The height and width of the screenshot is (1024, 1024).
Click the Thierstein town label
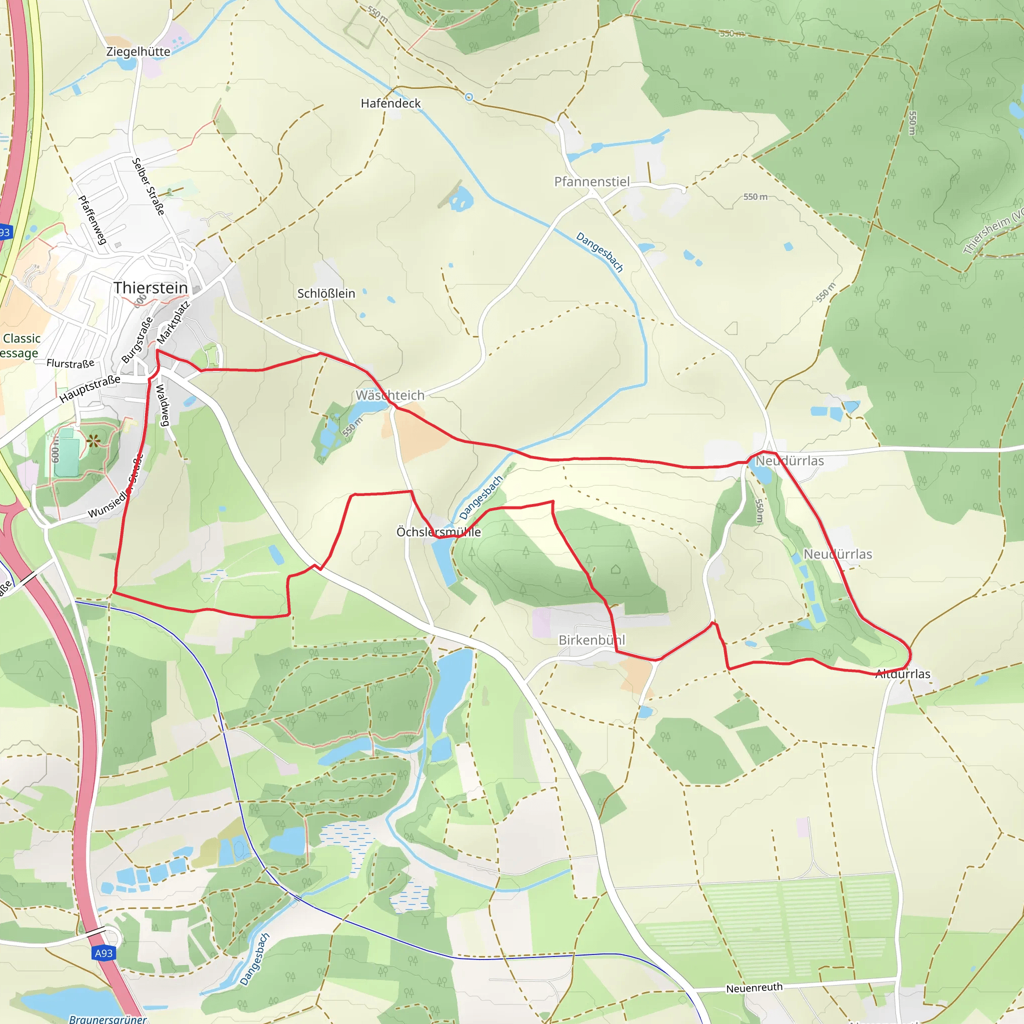(x=150, y=288)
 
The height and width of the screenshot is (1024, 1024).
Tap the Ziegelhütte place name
(x=138, y=52)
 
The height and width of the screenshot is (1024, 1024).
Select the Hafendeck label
(x=390, y=103)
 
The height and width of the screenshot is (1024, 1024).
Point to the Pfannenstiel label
(x=591, y=182)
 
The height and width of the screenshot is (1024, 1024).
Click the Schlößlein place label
(x=326, y=293)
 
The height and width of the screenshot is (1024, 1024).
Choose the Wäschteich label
(x=389, y=395)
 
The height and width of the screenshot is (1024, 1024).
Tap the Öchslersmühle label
(x=438, y=532)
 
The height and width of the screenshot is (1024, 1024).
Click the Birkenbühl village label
(x=591, y=640)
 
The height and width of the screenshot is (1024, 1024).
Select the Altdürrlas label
(x=902, y=674)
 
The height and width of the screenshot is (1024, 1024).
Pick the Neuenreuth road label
(x=753, y=988)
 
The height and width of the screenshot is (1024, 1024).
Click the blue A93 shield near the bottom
(x=103, y=953)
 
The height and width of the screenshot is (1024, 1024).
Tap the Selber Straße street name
(x=148, y=186)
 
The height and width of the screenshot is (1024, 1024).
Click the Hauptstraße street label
(x=89, y=389)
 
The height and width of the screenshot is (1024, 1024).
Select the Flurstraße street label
(x=70, y=363)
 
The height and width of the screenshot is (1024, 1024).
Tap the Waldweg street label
(x=162, y=405)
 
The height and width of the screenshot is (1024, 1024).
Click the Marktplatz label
(x=173, y=323)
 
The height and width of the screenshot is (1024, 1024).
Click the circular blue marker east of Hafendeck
(x=468, y=97)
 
